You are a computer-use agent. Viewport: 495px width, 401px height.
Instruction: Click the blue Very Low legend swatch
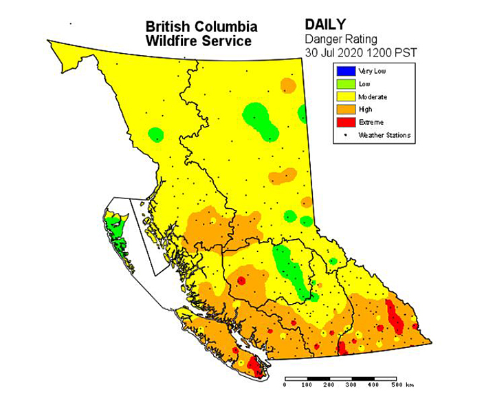(344, 70)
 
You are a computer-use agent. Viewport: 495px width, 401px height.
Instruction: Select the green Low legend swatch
(344, 83)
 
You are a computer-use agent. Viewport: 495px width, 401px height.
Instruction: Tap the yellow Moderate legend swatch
(344, 96)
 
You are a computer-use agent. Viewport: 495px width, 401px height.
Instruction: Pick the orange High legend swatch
(344, 109)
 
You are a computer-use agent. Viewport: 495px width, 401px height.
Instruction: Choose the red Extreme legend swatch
(344, 122)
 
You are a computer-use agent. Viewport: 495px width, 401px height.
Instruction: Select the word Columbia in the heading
(225, 27)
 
